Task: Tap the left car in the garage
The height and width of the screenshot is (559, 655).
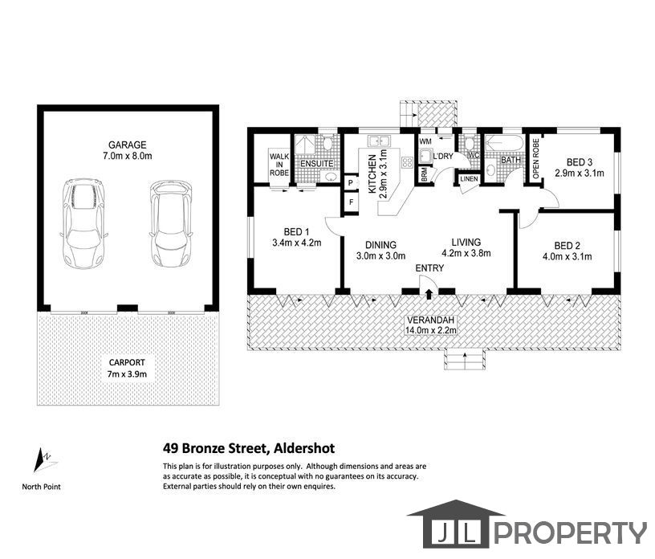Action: (x=83, y=224)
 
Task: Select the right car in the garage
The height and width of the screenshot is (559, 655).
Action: (x=171, y=224)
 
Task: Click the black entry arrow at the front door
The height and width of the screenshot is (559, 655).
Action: (x=429, y=294)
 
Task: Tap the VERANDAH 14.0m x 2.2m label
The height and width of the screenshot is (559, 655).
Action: (x=430, y=325)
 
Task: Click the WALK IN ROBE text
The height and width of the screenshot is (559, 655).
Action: (x=279, y=165)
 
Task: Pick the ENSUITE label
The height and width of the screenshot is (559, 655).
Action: (x=317, y=164)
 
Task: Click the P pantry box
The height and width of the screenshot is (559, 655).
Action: (x=351, y=182)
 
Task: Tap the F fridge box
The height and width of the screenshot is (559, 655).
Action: (x=352, y=202)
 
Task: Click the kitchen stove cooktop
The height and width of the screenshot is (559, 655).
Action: (x=407, y=162)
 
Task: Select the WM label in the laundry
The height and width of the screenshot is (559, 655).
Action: (x=425, y=141)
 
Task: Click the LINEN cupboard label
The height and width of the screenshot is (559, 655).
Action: (x=469, y=178)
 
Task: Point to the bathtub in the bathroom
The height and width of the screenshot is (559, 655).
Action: (x=504, y=144)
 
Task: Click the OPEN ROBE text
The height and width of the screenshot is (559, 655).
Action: (x=536, y=158)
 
